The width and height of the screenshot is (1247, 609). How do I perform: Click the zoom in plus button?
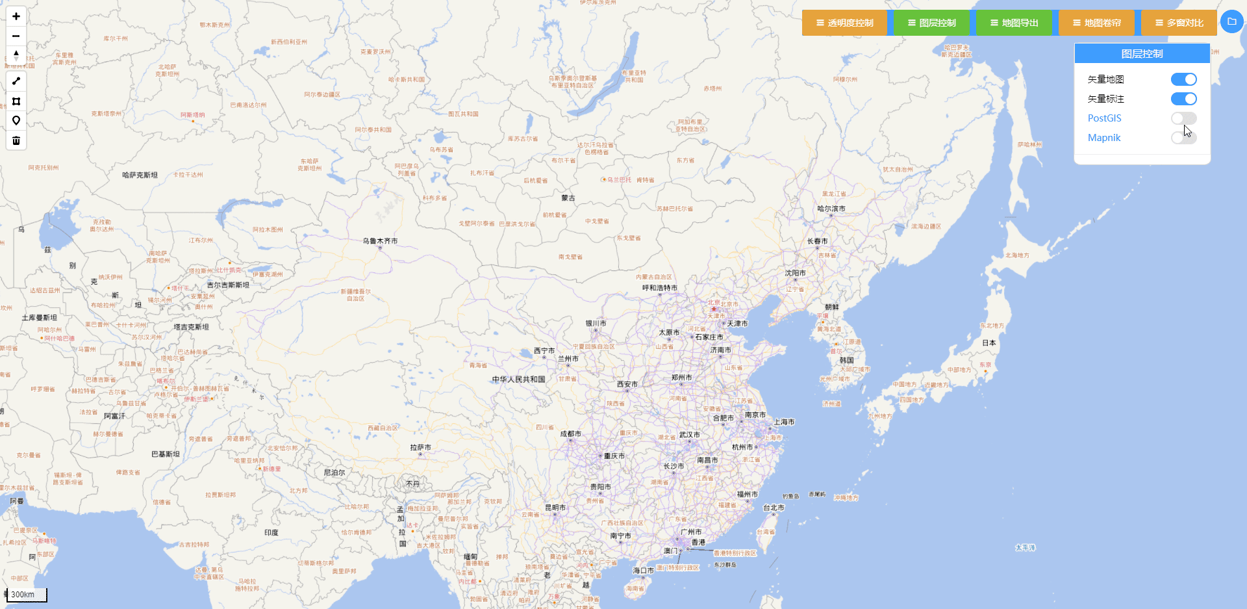16,16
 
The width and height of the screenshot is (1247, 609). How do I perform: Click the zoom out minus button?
16,36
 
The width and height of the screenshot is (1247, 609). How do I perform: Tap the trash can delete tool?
16,140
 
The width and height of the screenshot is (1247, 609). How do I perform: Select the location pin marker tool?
16,121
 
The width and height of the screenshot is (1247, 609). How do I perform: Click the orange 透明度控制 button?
844,23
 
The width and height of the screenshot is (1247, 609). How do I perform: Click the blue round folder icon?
1231,21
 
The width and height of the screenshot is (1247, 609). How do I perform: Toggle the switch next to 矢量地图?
1183,79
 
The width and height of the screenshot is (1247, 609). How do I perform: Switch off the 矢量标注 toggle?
1183,99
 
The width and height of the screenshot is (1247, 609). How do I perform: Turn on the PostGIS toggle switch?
1183,118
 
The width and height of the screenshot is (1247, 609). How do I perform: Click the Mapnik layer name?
1104,138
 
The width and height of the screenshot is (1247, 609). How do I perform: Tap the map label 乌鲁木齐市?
380,241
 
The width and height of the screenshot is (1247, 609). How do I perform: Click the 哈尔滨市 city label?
831,209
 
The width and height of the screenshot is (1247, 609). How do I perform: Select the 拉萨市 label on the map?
420,448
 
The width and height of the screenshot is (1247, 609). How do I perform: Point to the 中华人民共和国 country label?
518,380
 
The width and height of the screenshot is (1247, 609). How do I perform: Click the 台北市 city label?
774,508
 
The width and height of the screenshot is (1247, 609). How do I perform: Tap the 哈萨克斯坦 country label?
140,175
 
